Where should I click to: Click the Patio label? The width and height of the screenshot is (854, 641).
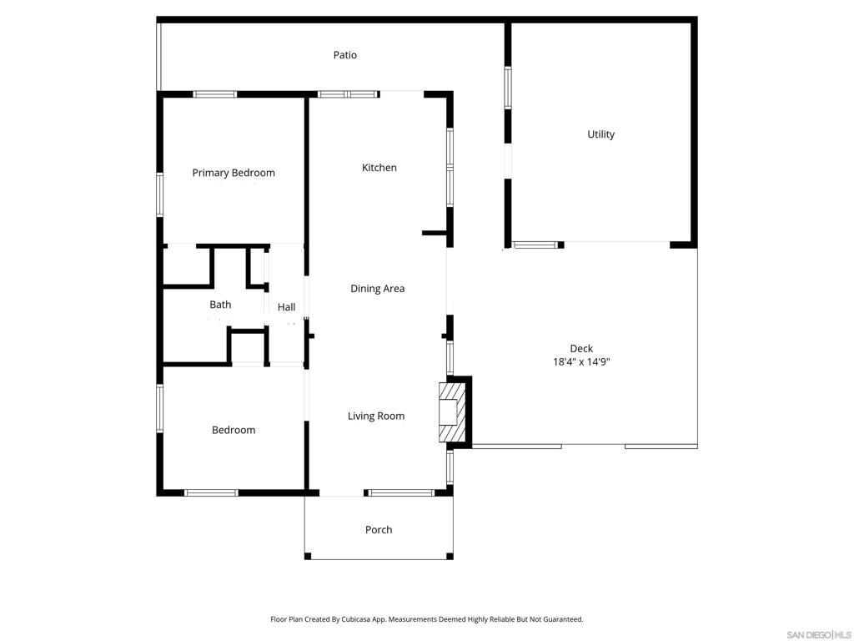[x=344, y=55]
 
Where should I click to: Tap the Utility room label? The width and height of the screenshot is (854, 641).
[x=600, y=134]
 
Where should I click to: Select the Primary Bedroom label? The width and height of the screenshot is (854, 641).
[x=234, y=173]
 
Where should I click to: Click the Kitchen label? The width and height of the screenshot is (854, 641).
[x=379, y=168]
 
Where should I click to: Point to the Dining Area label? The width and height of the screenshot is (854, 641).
[x=377, y=289]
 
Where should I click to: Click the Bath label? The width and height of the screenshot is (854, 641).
[x=220, y=305]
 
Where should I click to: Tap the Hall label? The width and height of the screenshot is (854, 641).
[x=286, y=307]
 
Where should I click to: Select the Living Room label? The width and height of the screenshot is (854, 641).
[x=376, y=416]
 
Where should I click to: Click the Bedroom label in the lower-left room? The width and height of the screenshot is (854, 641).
[x=234, y=430]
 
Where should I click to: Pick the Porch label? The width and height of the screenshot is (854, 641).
[x=379, y=530]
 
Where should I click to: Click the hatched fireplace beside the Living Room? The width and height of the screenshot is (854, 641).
[x=450, y=412]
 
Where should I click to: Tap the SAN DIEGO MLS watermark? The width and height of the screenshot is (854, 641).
[x=818, y=634]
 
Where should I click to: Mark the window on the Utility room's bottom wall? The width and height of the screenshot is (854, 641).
[x=535, y=245]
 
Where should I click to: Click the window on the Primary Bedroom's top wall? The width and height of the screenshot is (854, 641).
[x=215, y=94]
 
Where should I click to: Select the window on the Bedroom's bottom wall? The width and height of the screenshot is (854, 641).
[x=211, y=492]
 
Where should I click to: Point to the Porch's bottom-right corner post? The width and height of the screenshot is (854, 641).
[x=450, y=556]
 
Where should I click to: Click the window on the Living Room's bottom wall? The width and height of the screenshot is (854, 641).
[x=402, y=492]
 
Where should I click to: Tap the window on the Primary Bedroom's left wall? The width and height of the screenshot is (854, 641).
[x=160, y=194]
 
